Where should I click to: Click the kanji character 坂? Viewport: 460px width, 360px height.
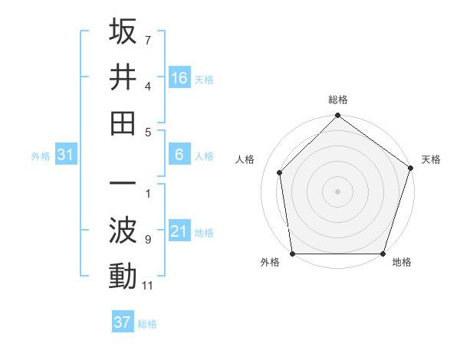[x=123, y=32]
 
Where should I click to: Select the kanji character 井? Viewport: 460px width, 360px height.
[x=123, y=77]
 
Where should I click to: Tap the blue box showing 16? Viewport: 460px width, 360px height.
[x=179, y=77]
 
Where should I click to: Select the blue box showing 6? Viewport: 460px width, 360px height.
[x=179, y=155]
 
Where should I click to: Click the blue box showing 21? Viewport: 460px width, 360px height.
[x=179, y=231]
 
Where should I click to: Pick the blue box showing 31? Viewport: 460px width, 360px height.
[x=65, y=155]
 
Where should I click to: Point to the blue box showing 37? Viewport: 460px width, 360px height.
[x=122, y=322]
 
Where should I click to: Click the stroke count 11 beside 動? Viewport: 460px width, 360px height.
[x=148, y=286]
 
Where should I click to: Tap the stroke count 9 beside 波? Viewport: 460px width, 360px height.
[x=147, y=240]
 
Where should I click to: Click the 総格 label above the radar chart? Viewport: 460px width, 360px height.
[x=338, y=100]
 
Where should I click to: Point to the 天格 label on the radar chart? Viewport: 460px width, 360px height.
[x=431, y=159]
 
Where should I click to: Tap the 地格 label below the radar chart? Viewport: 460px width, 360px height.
[x=402, y=262]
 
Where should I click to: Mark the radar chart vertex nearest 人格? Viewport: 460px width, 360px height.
[x=280, y=172]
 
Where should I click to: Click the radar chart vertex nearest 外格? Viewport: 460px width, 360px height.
[x=292, y=254]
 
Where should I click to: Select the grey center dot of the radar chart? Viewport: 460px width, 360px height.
[x=338, y=191]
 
